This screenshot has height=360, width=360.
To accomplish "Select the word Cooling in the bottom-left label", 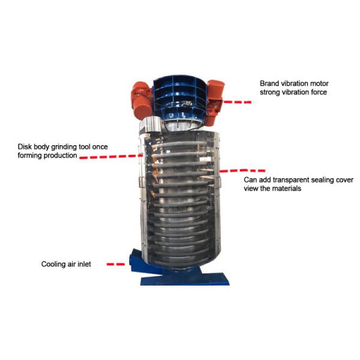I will tap(53, 263).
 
